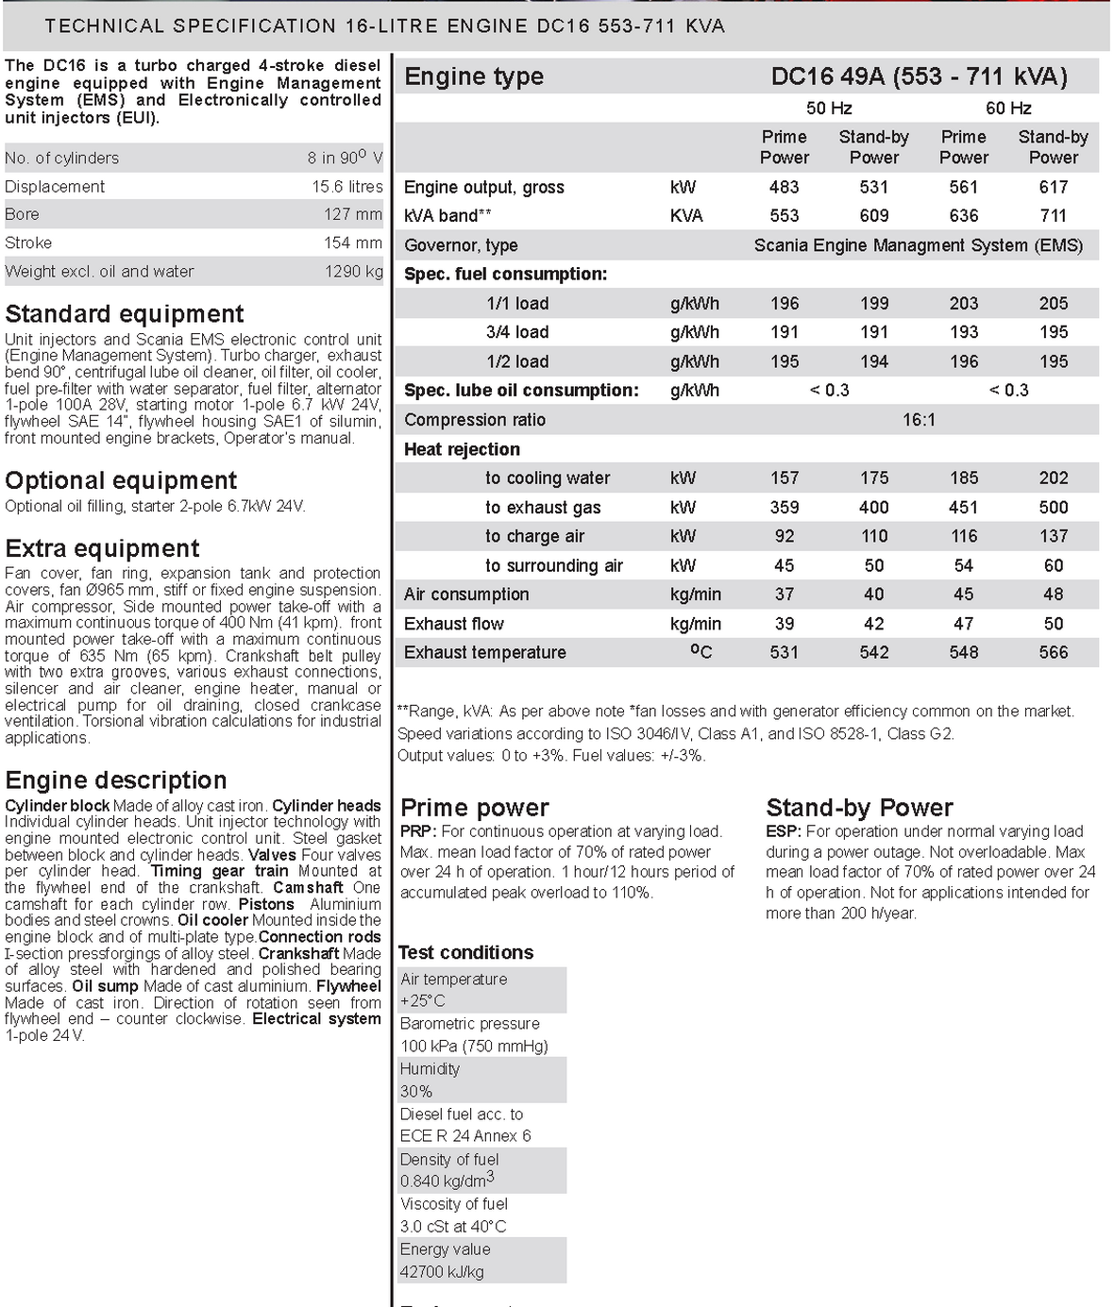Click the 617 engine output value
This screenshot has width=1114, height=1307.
click(1053, 187)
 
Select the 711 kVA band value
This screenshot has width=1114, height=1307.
click(1053, 215)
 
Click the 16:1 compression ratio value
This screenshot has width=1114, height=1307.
click(919, 420)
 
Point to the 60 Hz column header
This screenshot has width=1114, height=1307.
click(1008, 109)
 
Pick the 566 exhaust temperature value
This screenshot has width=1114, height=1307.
click(1053, 652)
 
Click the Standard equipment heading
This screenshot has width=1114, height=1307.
click(125, 313)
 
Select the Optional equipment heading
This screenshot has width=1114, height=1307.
click(121, 480)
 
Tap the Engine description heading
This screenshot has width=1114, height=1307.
click(116, 779)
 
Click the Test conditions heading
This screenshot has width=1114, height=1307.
click(465, 952)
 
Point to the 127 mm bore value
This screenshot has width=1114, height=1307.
click(353, 214)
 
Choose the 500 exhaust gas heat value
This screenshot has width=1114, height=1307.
click(1053, 508)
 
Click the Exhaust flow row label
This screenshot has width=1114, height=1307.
click(454, 624)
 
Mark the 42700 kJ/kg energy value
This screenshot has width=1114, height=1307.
click(442, 1272)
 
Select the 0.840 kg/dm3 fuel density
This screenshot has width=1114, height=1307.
click(447, 1181)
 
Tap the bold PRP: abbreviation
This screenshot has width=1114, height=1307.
click(418, 831)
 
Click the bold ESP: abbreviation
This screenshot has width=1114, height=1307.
click(784, 831)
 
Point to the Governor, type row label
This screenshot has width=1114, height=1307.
click(461, 245)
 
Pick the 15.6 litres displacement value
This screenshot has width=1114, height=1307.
click(347, 187)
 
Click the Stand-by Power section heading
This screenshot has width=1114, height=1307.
click(859, 808)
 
